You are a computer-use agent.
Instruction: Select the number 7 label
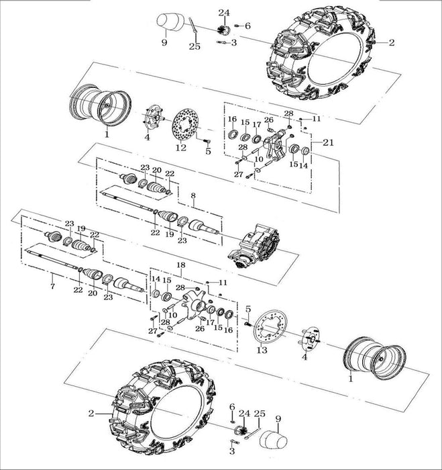coord(52,276)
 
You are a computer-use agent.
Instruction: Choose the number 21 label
coord(328,142)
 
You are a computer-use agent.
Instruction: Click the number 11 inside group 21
coord(317,118)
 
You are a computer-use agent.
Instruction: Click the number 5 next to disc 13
coord(247,309)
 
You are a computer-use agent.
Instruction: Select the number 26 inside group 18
coord(199,328)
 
